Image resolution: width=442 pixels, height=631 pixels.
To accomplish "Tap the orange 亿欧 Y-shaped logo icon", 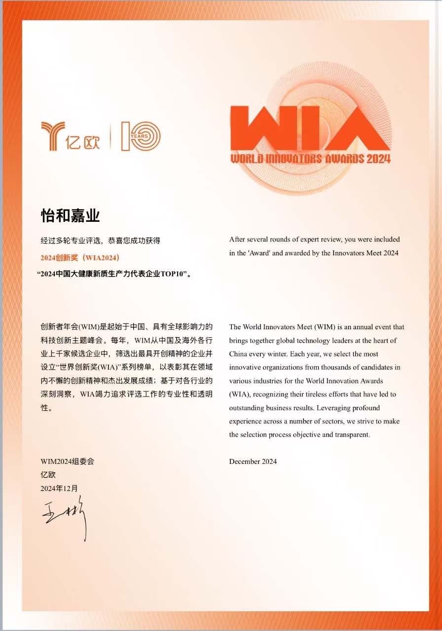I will (52, 136).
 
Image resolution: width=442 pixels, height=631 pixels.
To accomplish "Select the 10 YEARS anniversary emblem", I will (141, 136).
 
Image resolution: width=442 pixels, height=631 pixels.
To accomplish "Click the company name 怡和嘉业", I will (70, 216).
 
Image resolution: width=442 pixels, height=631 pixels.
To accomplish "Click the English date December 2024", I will (253, 462).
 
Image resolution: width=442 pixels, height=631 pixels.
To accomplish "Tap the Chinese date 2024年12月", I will (59, 489).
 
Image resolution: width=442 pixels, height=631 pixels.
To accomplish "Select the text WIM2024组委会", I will (67, 462).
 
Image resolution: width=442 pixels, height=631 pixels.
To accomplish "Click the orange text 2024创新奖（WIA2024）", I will (80, 258).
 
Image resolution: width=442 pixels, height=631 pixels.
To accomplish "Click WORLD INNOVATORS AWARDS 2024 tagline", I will (310, 159).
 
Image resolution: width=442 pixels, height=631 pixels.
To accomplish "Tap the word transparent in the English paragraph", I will (351, 435).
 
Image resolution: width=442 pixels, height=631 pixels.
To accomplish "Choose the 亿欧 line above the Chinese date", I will (48, 475).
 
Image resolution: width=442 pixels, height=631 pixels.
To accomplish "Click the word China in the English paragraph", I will (239, 354).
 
